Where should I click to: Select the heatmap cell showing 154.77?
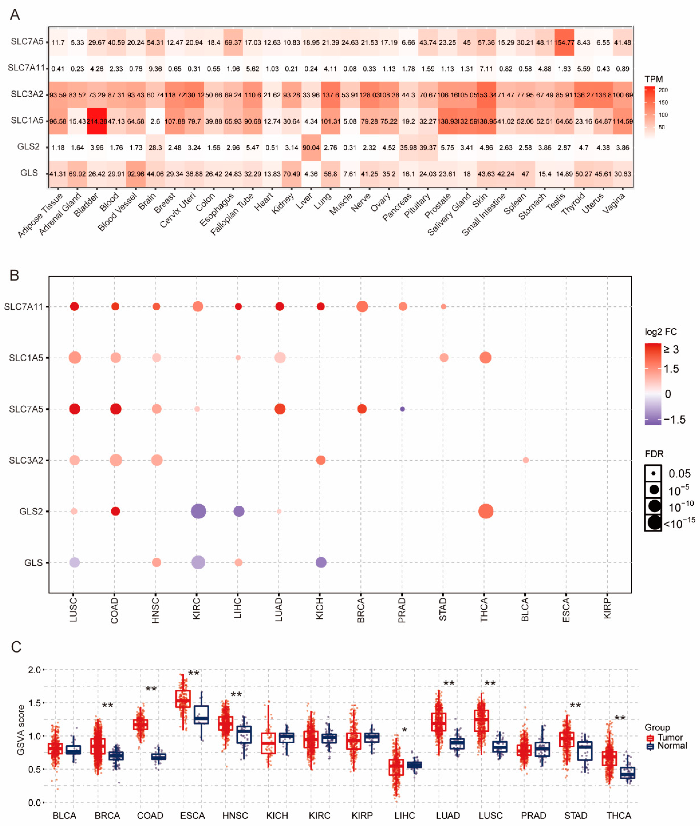pos(564,42)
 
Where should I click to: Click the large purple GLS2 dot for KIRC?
pos(198,511)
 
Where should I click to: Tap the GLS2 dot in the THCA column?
pos(485,511)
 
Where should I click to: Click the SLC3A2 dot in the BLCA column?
pos(525,460)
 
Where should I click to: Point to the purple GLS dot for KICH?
pos(321,562)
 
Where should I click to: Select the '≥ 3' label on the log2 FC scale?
pos(671,349)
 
